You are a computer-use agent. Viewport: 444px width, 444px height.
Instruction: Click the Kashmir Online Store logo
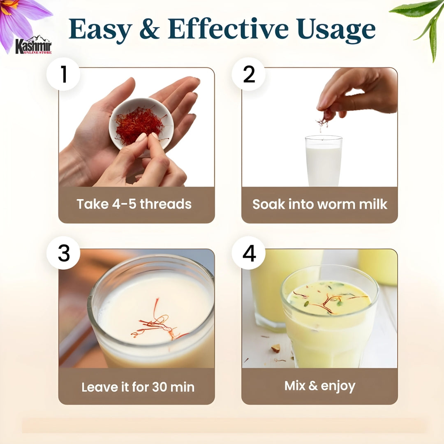[x=33, y=45]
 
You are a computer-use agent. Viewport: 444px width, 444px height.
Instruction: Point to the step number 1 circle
[x=63, y=74]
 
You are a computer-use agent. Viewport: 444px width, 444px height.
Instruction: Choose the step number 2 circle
[x=249, y=74]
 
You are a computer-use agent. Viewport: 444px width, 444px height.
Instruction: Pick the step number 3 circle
[x=63, y=253]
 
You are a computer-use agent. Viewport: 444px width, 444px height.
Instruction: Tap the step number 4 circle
[x=249, y=253]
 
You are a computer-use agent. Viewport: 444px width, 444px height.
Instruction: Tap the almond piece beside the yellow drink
[x=275, y=348]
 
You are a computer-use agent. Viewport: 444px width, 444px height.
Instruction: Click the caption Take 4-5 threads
[x=134, y=204]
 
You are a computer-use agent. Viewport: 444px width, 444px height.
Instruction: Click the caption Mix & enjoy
[x=319, y=386]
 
